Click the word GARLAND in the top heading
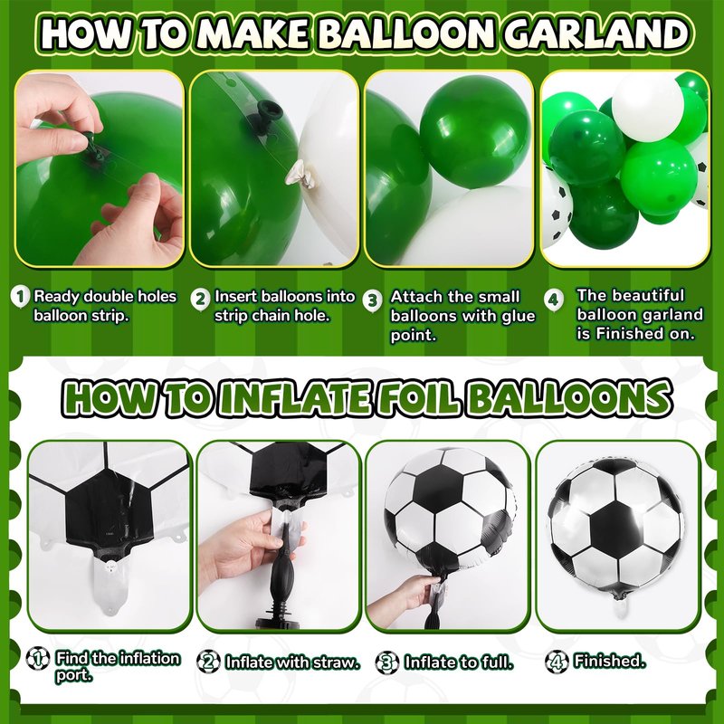[x=596, y=33]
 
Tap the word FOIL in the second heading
[x=418, y=397]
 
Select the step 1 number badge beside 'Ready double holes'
[x=20, y=297]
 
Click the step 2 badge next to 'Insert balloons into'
[x=200, y=299]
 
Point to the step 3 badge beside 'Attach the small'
[x=372, y=300]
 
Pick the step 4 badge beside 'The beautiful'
[x=553, y=300]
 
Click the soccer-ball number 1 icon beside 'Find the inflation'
[x=38, y=659]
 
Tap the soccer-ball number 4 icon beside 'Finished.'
[x=557, y=662]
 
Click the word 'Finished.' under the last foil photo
[x=609, y=662]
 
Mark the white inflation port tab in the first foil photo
[x=110, y=585]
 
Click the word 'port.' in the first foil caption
[x=74, y=675]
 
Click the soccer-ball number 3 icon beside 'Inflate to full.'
[x=387, y=662]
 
